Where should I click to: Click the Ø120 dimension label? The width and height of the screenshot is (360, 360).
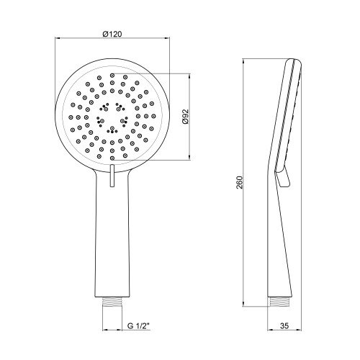[x=112, y=34]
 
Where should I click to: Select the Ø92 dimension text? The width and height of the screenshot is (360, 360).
[x=186, y=117]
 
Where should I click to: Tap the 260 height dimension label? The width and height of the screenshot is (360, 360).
[x=240, y=182]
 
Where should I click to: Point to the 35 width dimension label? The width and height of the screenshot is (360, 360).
[x=284, y=326]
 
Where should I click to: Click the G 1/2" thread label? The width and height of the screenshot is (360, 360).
[x=138, y=326]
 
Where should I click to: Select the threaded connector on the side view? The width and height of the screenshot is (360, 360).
[x=279, y=302]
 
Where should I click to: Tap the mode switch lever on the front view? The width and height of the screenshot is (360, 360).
[x=112, y=176]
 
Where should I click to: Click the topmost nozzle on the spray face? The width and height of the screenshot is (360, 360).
[x=112, y=76]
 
